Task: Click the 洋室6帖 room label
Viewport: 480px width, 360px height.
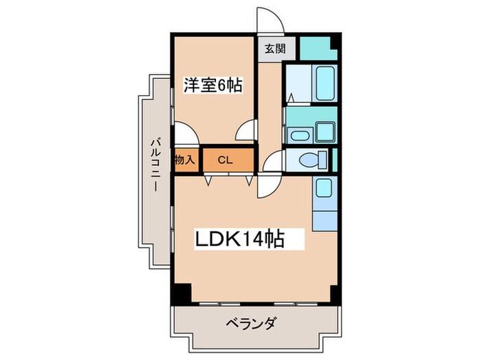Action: (212, 86)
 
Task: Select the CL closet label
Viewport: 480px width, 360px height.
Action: (224, 160)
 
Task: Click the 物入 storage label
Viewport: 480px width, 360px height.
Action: (185, 160)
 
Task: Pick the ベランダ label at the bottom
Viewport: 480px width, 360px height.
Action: (252, 323)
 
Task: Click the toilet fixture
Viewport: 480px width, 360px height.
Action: (312, 160)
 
